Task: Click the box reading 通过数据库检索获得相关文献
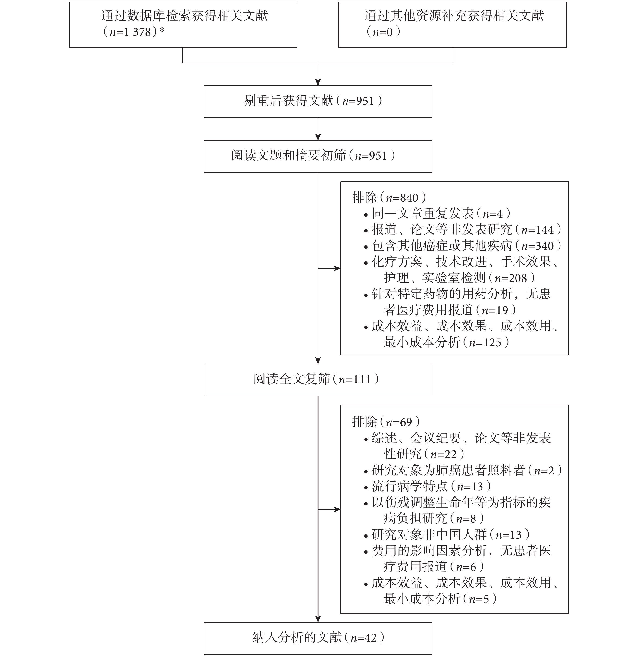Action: click(183, 25)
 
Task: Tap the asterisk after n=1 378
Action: click(162, 31)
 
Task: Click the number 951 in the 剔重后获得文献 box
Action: click(365, 101)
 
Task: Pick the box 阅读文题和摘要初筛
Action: click(318, 156)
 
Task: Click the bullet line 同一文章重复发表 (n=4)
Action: click(437, 213)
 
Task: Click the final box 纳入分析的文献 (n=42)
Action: click(318, 639)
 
